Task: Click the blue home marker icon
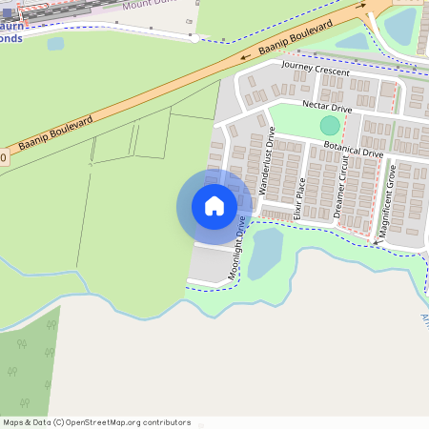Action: click(x=214, y=206)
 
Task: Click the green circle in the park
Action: click(x=329, y=125)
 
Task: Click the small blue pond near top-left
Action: click(x=55, y=44)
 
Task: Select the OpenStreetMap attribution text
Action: click(x=95, y=422)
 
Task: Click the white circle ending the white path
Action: click(x=194, y=38)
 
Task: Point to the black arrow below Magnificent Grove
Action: click(x=376, y=243)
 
